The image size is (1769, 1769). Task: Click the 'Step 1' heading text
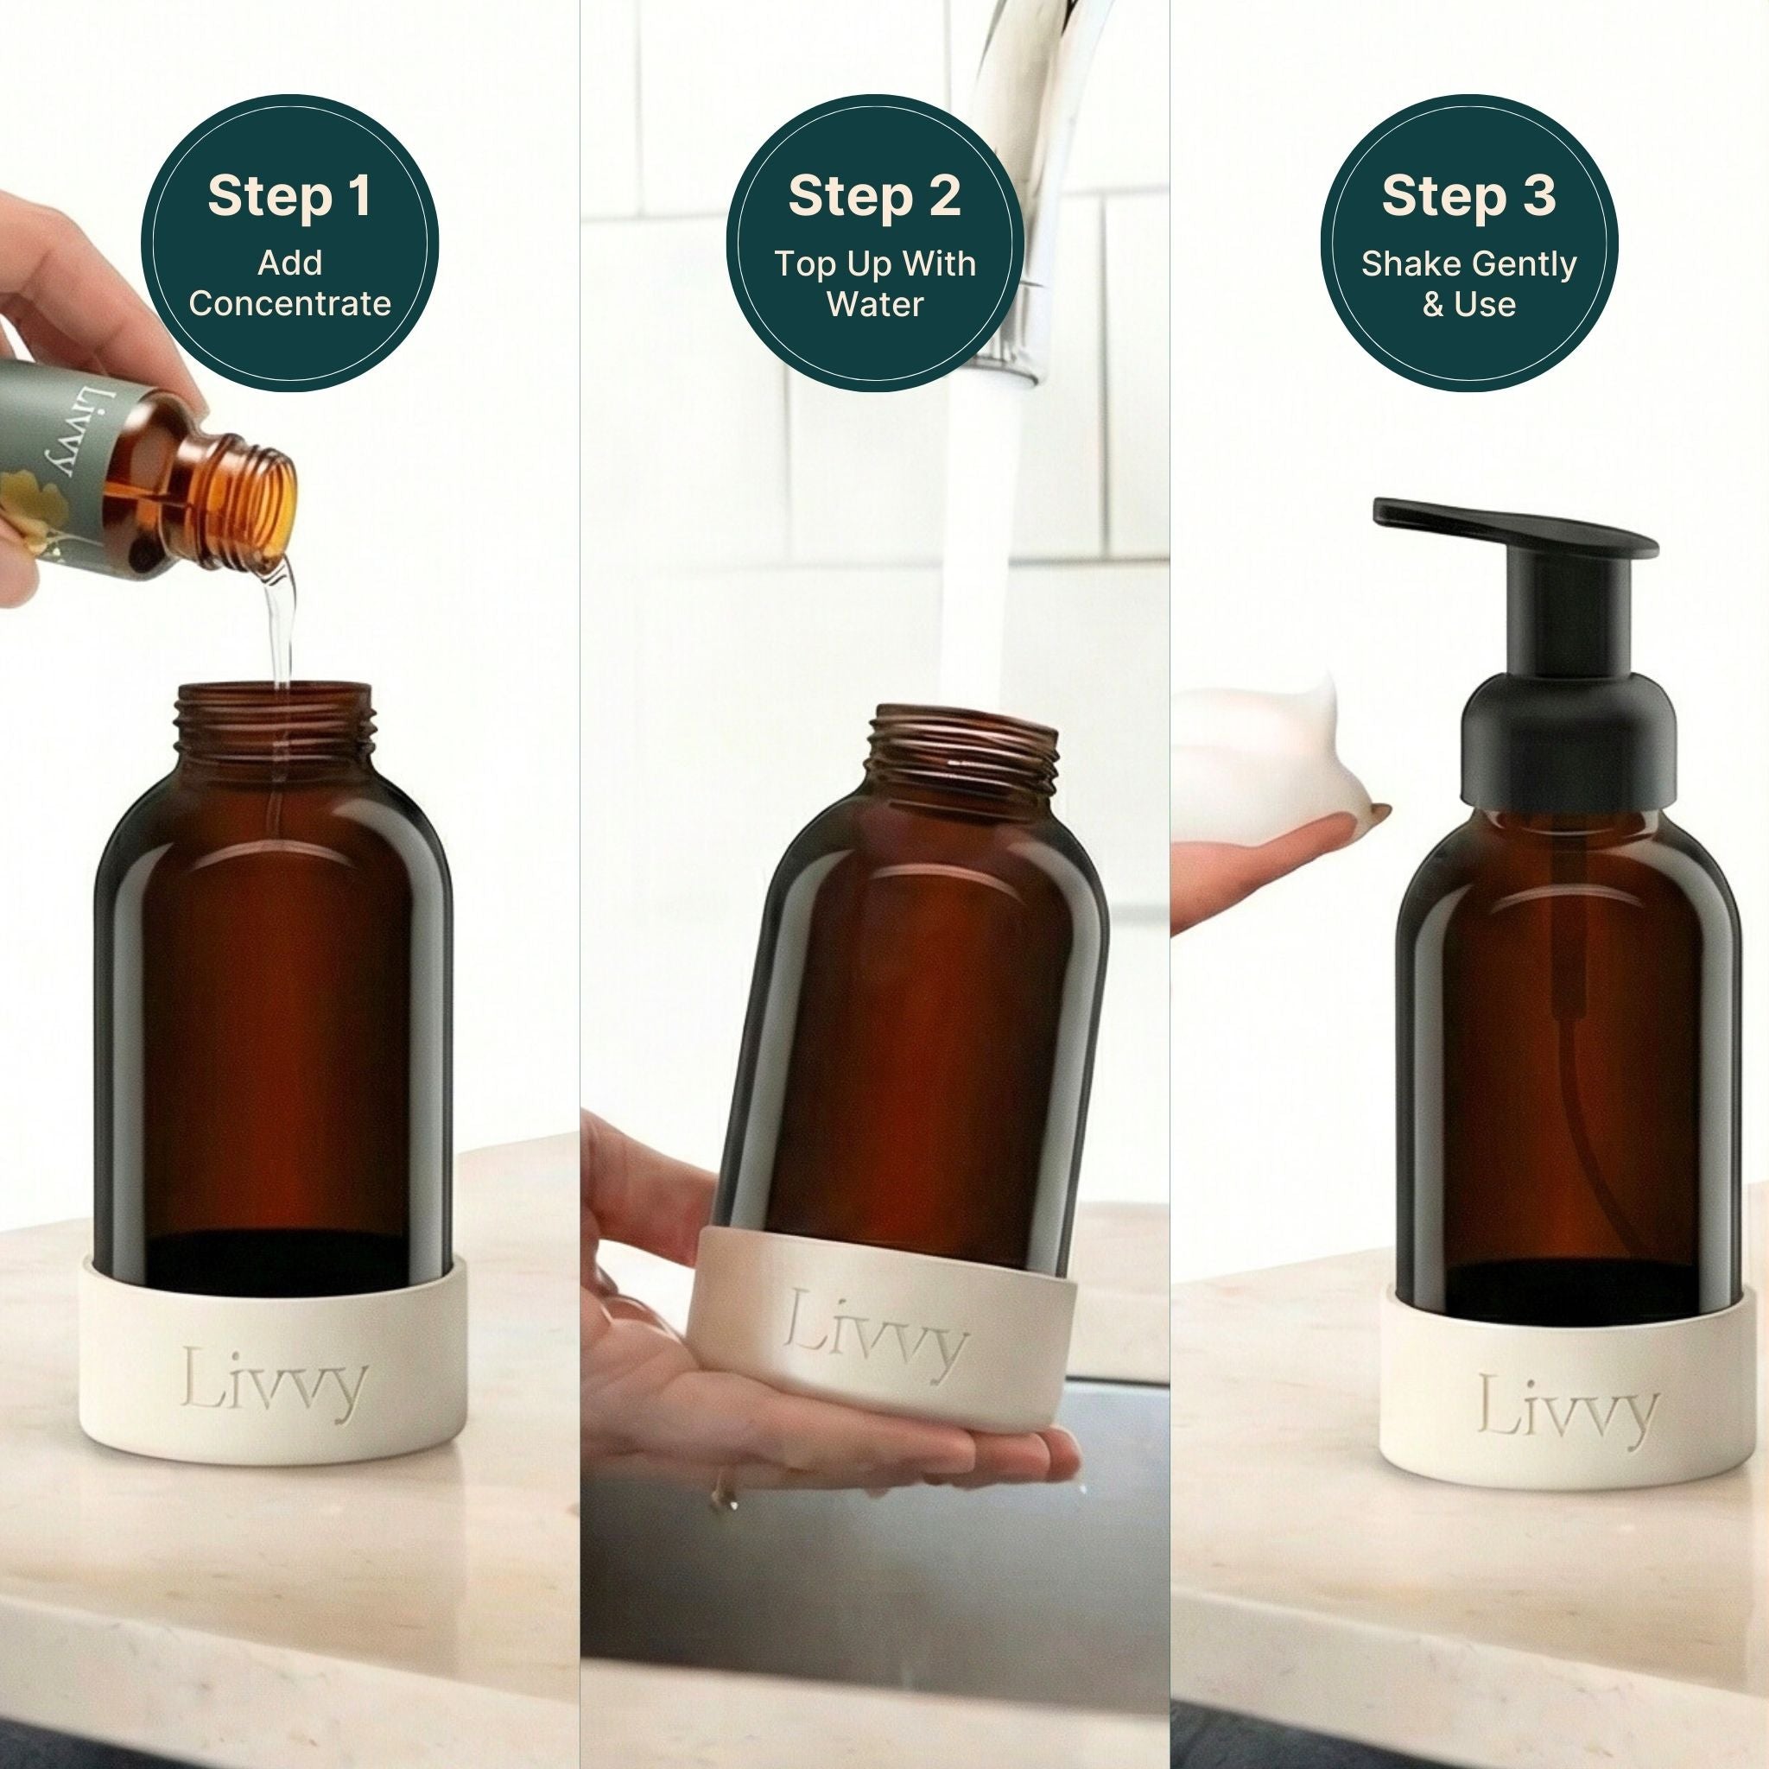click(289, 196)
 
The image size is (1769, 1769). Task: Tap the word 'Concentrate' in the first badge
click(289, 303)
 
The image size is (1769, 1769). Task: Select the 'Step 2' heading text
click(874, 196)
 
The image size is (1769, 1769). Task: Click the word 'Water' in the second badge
click(874, 304)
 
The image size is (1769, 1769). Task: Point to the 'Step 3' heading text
click(1468, 196)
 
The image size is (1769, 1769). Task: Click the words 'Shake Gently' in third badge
click(1468, 263)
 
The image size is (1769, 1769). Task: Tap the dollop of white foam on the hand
click(1264, 760)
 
